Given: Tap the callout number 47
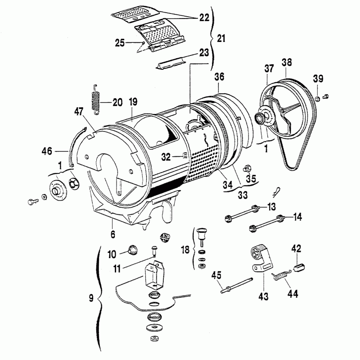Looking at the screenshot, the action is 79,112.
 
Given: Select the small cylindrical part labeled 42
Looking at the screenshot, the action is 299,268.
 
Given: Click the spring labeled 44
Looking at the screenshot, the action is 282,275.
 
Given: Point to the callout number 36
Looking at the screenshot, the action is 219,77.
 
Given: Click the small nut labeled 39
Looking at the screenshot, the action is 317,99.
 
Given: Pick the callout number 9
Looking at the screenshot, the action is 91,298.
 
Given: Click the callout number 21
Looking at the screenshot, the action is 221,38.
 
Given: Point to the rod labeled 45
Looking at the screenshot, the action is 237,285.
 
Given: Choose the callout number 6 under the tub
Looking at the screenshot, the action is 113,234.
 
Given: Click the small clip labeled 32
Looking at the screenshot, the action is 184,156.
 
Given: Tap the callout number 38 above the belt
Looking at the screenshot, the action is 287,63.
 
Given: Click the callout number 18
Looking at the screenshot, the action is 185,250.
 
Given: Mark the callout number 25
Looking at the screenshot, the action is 120,43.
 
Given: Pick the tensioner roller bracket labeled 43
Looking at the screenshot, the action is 261,258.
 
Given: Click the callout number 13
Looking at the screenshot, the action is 271,207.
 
